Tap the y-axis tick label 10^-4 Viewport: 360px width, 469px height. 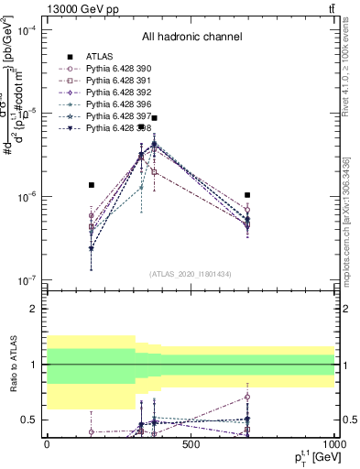[28, 29]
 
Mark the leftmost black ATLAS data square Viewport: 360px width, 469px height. [91, 185]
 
